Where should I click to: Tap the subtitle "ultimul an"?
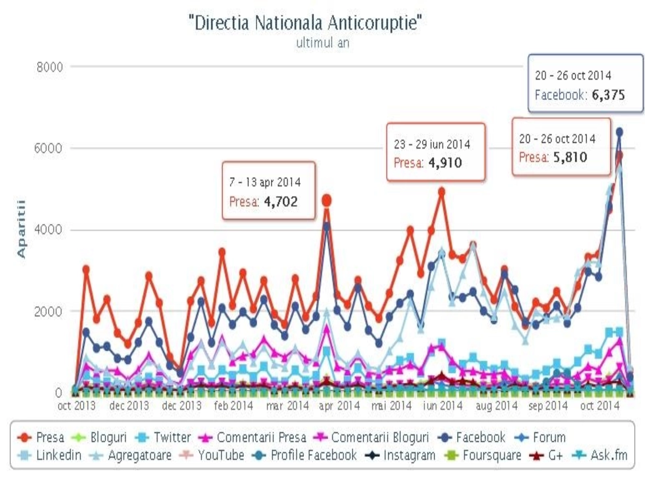point(322,43)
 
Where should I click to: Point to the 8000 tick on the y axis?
point(50,67)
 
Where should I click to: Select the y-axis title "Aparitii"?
point(21,229)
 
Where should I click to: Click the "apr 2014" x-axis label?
point(339,405)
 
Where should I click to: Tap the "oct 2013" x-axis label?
point(77,405)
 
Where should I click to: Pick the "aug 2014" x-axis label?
point(496,405)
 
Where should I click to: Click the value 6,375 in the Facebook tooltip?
point(608,95)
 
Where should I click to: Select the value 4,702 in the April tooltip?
point(281,201)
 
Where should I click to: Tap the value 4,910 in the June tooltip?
point(445,163)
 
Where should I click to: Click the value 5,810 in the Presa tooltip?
point(570,157)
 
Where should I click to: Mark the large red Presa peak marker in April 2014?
point(327,200)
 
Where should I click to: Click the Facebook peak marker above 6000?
point(619,132)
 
